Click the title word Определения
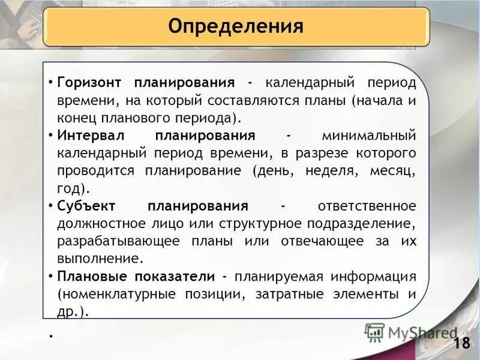(236, 26)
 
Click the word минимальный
(368, 135)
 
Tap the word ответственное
(366, 206)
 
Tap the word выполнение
(100, 259)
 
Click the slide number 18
(461, 344)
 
